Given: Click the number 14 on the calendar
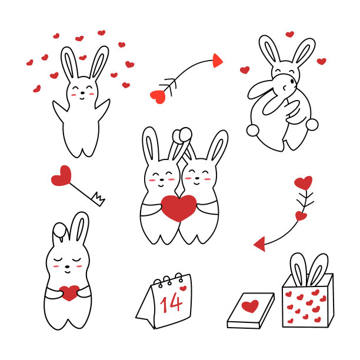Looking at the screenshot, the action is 172,303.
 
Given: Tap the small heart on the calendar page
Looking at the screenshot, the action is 183,288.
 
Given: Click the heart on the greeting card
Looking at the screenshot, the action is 250,306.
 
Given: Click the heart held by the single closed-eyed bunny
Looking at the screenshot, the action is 69,293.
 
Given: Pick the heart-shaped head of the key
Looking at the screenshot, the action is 61,176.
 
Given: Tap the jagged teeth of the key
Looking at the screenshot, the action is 98,199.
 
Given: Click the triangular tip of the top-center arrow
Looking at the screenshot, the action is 217,61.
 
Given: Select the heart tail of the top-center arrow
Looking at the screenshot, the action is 158,96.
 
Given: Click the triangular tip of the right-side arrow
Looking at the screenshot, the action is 260,244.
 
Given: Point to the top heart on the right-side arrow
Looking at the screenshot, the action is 304,183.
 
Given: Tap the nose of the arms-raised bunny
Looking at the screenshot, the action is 82,93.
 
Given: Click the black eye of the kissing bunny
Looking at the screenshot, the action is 292,81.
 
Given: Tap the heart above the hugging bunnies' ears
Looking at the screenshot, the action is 290,34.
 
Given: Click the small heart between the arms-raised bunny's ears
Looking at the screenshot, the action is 83,58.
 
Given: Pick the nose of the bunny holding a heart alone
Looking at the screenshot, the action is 67,267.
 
